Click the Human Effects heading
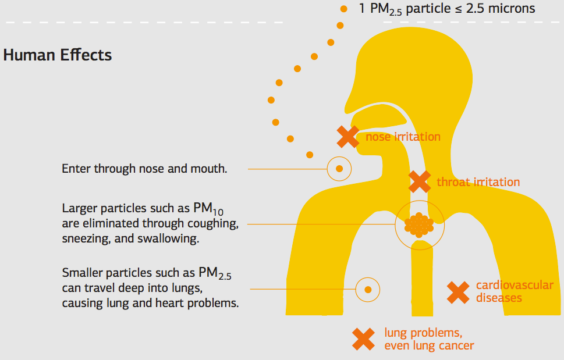[x=58, y=55]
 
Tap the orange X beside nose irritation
[x=347, y=137]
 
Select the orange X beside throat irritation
[x=419, y=181]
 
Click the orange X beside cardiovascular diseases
[x=458, y=292]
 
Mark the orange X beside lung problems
[x=364, y=339]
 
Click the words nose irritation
[x=403, y=137]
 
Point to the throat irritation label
[x=478, y=182]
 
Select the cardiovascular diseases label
[x=514, y=291]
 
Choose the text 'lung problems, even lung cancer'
[x=429, y=340]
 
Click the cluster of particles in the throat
[x=419, y=224]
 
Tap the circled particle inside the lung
[x=367, y=289]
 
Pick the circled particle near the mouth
[x=339, y=169]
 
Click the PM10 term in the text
[x=216, y=208]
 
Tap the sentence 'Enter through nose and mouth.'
[x=144, y=169]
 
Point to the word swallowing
[x=171, y=239]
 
